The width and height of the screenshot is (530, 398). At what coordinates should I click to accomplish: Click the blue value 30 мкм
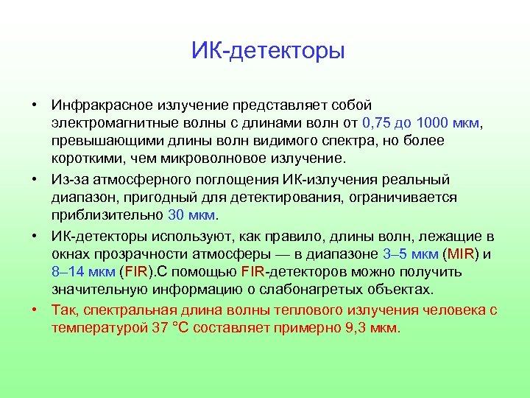click(x=192, y=215)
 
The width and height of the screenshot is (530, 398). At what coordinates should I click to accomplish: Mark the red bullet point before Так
click(x=35, y=310)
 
